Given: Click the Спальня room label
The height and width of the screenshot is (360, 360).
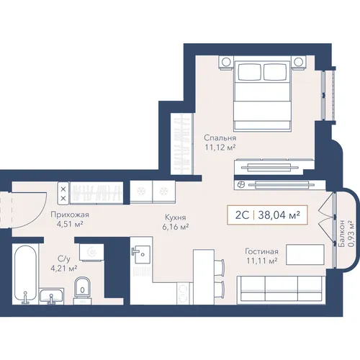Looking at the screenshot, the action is [x=220, y=138].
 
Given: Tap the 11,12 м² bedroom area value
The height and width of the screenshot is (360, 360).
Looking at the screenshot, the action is [x=220, y=148].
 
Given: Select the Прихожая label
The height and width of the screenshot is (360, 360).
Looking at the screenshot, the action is [x=70, y=215].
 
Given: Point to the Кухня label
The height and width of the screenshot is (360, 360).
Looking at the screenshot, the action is [x=176, y=217].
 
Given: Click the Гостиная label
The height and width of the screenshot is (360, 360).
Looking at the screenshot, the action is [x=261, y=251].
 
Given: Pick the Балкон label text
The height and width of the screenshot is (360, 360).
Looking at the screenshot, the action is [x=342, y=233].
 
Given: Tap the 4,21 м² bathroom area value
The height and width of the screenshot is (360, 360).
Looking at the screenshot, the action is [x=63, y=268].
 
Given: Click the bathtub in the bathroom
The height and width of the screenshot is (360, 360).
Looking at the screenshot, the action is [x=25, y=274].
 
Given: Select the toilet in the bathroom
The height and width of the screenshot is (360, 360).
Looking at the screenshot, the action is [x=82, y=291].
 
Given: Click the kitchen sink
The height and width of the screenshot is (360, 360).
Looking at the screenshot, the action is [x=142, y=254].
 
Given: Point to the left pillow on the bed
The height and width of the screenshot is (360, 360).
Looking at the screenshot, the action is [x=250, y=72].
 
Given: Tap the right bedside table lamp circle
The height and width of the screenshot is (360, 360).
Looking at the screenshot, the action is [x=298, y=62].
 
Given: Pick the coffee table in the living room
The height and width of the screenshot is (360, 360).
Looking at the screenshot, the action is [x=305, y=255].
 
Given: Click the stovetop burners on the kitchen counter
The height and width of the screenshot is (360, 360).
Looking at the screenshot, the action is [x=183, y=293].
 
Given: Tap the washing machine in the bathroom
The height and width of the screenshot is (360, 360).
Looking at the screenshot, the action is [x=91, y=252].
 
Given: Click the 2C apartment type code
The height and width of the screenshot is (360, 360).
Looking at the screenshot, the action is [x=242, y=215].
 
